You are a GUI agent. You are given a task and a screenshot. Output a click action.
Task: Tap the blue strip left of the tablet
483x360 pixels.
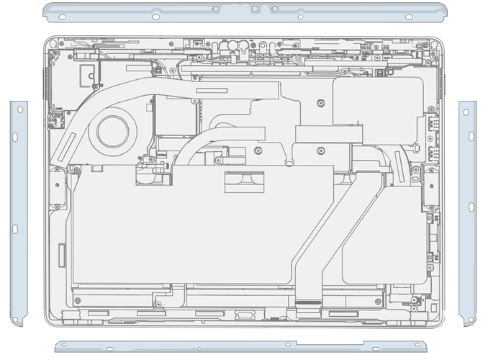[18, 212]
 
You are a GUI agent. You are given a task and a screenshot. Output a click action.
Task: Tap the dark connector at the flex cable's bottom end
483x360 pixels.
[309, 296]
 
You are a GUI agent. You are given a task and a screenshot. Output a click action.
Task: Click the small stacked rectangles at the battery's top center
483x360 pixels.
[244, 181]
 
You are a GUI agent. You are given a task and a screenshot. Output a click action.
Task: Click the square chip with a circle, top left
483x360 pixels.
[89, 72]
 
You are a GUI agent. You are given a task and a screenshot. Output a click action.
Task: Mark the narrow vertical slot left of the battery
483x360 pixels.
[61, 253]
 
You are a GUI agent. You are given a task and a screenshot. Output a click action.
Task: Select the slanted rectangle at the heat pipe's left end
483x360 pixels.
[64, 147]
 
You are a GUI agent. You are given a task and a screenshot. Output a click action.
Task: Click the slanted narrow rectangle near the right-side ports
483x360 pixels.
[400, 166]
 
